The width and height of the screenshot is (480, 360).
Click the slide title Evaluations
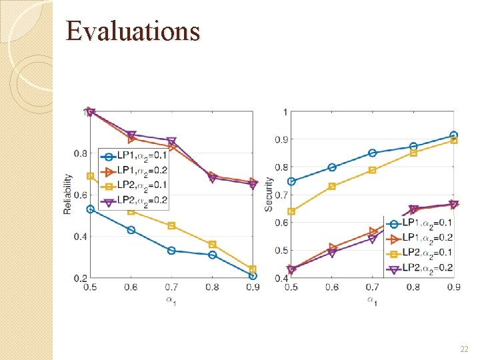pyautogui.click(x=133, y=31)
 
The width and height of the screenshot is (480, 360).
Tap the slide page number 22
pyautogui.click(x=464, y=349)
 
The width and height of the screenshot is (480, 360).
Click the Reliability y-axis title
pyautogui.click(x=68, y=194)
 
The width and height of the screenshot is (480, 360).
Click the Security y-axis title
pyautogui.click(x=269, y=195)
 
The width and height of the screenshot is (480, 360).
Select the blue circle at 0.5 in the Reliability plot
pyautogui.click(x=91, y=209)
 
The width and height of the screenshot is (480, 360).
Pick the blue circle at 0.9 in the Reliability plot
pyautogui.click(x=253, y=276)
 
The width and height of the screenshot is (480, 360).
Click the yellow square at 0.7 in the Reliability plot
pyautogui.click(x=171, y=226)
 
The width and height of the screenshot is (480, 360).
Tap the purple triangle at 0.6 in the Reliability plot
pyautogui.click(x=131, y=135)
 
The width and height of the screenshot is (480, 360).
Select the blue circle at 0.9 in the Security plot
pyautogui.click(x=454, y=135)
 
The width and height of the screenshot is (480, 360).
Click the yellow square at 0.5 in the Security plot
pyautogui.click(x=291, y=211)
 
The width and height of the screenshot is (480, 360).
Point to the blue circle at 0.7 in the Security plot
pyautogui.click(x=373, y=153)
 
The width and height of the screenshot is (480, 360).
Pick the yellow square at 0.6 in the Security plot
pyautogui.click(x=332, y=187)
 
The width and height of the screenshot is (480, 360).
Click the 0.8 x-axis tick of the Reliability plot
pyautogui.click(x=212, y=287)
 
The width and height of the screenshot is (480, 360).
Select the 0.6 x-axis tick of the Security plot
pyautogui.click(x=332, y=287)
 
